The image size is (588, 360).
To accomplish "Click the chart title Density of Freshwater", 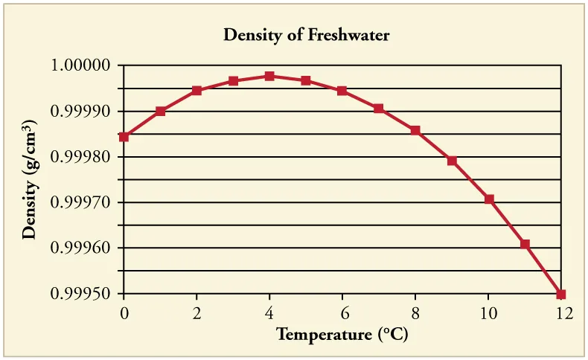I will coord(307,34).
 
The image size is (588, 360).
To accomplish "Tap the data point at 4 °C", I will coord(269,76).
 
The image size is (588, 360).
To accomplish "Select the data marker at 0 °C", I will coord(124,137).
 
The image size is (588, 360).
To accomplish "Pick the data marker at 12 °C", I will coord(561,295).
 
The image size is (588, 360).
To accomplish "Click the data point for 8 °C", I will coord(415,130).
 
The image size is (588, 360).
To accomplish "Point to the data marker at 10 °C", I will coord(489,199).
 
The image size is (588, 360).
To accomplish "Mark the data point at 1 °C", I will coord(160,112).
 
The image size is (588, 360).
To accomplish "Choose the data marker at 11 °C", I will coord(525,244).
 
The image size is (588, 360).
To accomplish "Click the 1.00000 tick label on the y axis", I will coord(81,66).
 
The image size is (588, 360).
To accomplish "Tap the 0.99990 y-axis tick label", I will coord(81,112).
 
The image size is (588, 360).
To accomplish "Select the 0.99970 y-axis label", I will coord(81,203).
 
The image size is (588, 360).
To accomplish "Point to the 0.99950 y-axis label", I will coord(81,295).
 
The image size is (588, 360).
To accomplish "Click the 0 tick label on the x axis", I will coord(124,313).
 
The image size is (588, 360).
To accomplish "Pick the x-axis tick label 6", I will coord(342,313).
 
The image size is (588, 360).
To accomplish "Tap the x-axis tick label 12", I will coord(563,313).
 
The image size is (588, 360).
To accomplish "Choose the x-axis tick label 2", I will coord(196,313).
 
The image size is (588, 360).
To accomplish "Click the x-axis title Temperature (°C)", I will coord(342,334).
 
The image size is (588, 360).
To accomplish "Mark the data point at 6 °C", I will coord(342,91).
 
